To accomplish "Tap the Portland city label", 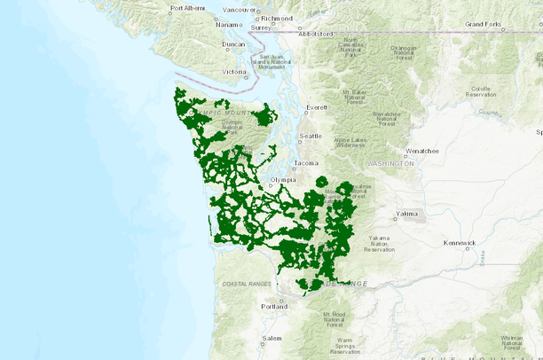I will [x=275, y=307].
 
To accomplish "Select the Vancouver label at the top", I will [x=240, y=10].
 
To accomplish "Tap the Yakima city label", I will [x=407, y=214].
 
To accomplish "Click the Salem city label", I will [x=271, y=339].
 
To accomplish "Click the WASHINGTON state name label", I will [x=389, y=164].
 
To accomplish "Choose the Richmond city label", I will [x=277, y=18].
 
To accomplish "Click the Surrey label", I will [x=261, y=27].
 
